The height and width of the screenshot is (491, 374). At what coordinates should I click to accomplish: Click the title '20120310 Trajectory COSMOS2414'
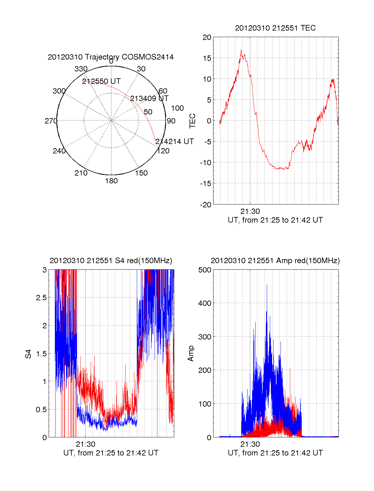coord(111,57)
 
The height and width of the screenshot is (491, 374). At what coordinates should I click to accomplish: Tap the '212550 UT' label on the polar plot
coord(101,81)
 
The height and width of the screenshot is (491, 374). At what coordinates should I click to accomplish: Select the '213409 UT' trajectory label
coord(149,99)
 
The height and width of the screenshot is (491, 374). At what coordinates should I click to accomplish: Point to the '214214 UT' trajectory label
coord(175,142)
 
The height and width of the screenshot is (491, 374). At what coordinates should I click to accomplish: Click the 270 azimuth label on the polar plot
coord(51,121)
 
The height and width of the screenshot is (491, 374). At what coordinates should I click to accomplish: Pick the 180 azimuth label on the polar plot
coord(111,181)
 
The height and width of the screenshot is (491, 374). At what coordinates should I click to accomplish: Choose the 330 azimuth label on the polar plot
coord(81,69)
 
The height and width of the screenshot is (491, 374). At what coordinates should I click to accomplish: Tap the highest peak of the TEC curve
coord(241,50)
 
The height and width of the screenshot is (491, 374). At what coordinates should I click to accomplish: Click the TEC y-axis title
coord(193,121)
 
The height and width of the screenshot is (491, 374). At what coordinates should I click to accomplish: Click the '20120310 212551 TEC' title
coord(275,28)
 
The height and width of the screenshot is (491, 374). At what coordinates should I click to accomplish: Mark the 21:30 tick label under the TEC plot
coord(250,211)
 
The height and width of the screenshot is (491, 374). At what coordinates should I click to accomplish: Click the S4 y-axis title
coord(28,354)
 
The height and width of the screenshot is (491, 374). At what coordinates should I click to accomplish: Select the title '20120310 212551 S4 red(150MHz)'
coord(111,261)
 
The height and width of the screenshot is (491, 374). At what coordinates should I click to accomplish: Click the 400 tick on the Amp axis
coord(205,303)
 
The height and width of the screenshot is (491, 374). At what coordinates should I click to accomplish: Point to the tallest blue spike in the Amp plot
coord(267,285)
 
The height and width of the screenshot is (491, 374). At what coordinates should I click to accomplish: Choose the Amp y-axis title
coord(191,353)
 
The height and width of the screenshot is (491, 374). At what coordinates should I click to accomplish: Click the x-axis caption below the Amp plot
coord(275,453)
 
